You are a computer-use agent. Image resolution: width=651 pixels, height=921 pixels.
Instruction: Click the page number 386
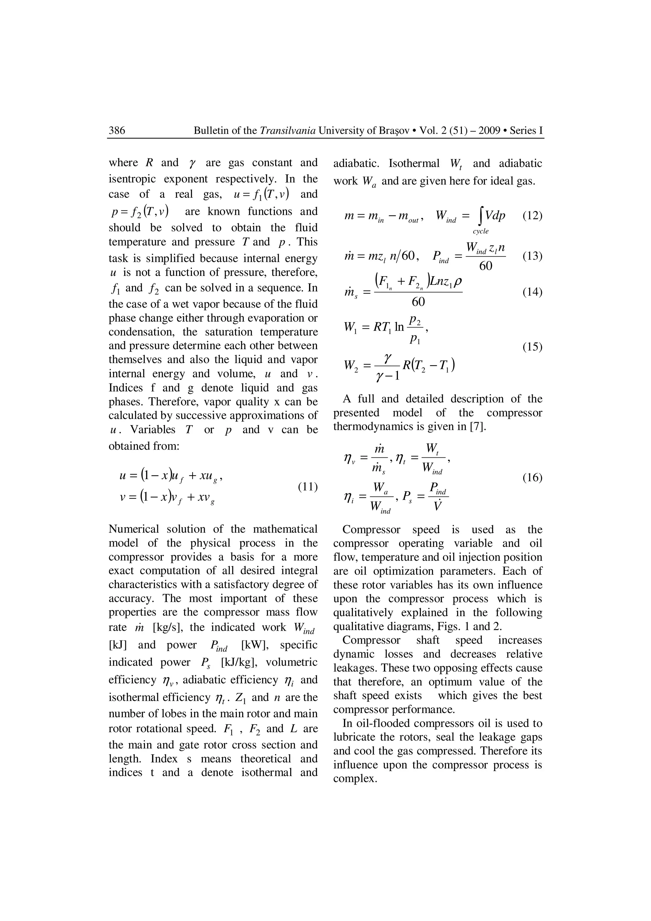pos(117,130)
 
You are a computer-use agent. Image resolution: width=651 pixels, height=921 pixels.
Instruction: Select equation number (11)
pos(308,487)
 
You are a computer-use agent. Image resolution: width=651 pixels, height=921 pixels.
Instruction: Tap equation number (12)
pos(532,216)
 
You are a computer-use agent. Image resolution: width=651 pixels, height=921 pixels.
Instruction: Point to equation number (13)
pos(532,256)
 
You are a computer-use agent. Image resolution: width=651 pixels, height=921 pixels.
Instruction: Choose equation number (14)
pos(532,292)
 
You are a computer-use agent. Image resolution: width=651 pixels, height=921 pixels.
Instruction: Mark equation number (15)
pos(532,347)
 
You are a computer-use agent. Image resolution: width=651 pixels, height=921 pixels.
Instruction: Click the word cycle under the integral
pos(481,231)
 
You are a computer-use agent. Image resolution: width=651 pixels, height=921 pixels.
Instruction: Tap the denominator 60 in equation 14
pos(418,302)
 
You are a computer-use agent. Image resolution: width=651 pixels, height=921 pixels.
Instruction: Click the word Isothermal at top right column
pos(414,164)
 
